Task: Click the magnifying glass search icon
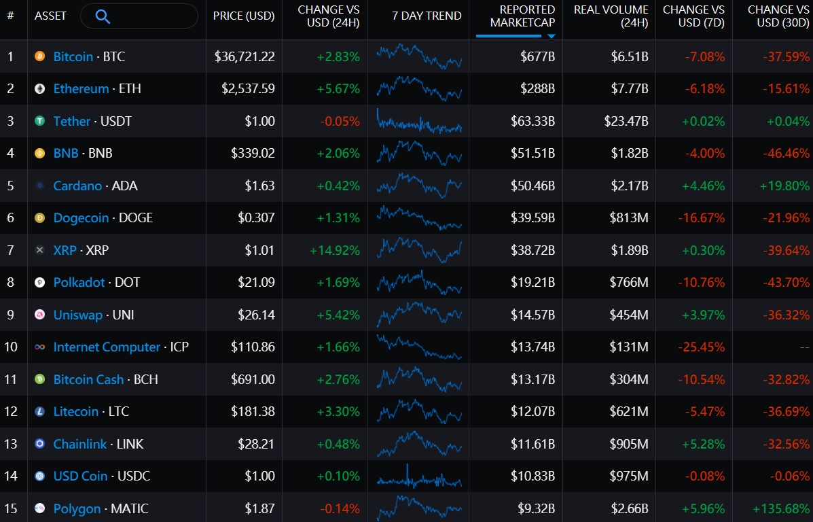click(x=103, y=16)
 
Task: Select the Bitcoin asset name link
click(x=73, y=56)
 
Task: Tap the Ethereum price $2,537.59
click(x=248, y=89)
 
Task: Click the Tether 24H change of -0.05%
click(x=340, y=122)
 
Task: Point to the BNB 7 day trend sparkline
click(x=419, y=152)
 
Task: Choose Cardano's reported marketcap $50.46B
click(x=532, y=186)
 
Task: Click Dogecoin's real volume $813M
click(x=628, y=218)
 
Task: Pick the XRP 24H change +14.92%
click(x=334, y=251)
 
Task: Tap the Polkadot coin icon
click(x=39, y=282)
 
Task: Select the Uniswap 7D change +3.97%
click(x=702, y=315)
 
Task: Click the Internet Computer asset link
click(x=107, y=347)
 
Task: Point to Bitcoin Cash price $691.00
click(x=253, y=379)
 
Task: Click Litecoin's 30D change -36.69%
click(x=786, y=412)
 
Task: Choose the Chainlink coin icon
click(x=39, y=444)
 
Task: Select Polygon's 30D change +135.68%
click(x=781, y=509)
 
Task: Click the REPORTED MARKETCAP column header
click(x=522, y=16)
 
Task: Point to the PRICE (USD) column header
click(x=244, y=16)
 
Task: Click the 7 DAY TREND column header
click(x=427, y=16)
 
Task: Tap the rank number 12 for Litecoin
click(x=11, y=412)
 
